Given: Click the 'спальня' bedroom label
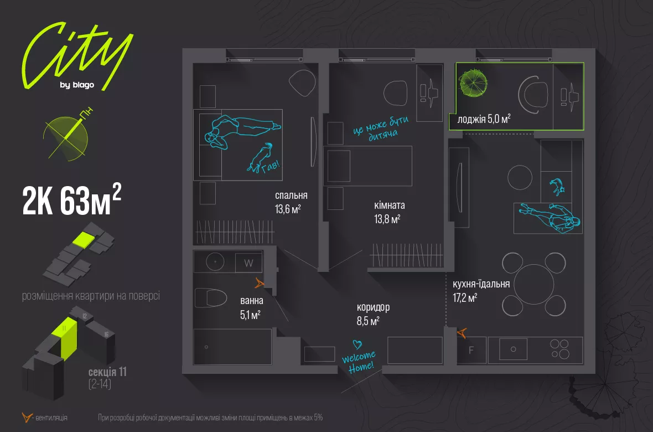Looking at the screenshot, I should (x=291, y=196).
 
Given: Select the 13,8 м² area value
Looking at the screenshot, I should (x=387, y=219).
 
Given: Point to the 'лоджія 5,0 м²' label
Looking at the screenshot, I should (x=484, y=119).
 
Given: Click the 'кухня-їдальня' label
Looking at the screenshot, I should (x=481, y=284).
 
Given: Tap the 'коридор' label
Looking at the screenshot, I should (x=373, y=307).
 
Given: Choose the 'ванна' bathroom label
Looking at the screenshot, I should (x=252, y=302).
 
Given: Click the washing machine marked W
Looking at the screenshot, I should (x=248, y=263).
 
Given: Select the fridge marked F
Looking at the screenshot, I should (x=471, y=350).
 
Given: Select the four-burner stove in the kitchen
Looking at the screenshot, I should (x=559, y=349).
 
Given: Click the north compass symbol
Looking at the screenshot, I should (x=65, y=134).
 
